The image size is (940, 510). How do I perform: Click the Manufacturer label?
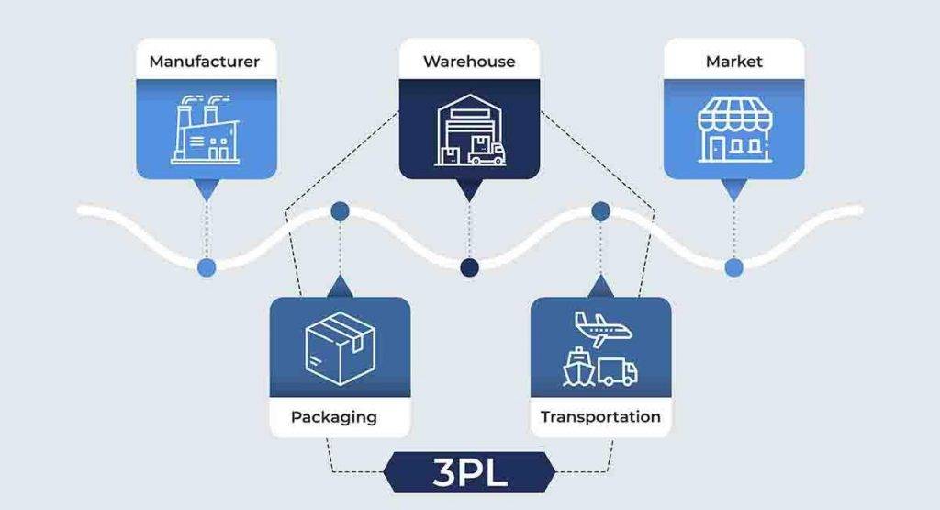click(204, 62)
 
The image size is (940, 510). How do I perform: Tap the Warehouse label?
click(469, 62)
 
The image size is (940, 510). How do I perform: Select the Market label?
click(733, 62)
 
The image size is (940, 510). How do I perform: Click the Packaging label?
click(334, 417)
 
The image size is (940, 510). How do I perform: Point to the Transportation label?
click(600, 417)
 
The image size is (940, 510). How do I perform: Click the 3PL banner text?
click(469, 477)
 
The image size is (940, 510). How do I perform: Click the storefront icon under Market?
click(733, 130)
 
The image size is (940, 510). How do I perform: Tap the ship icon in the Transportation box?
click(578, 368)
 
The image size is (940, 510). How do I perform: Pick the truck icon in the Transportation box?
click(617, 370)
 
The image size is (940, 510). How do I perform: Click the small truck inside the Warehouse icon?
click(486, 151)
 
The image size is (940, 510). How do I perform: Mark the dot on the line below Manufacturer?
click(207, 266)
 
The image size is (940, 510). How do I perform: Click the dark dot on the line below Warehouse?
click(470, 266)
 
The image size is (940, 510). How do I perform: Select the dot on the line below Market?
click(733, 266)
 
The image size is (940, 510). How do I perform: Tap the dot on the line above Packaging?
click(340, 211)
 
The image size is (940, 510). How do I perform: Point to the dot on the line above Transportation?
click(601, 211)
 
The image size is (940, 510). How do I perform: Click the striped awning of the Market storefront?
click(733, 116)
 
